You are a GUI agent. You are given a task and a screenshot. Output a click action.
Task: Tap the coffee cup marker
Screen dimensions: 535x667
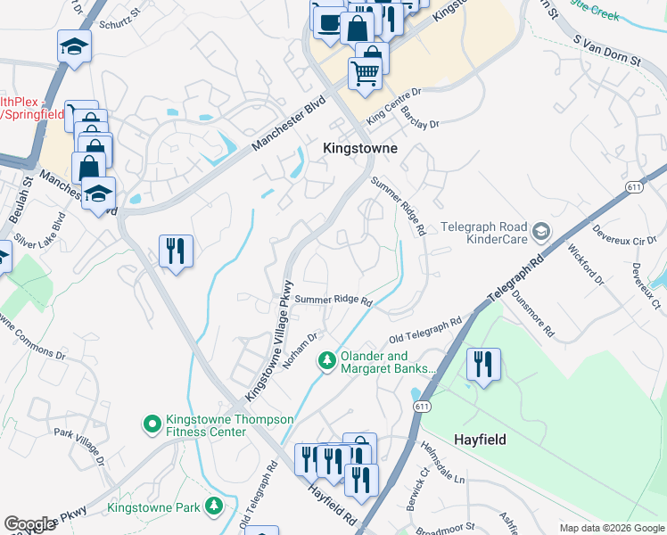coord(327,21)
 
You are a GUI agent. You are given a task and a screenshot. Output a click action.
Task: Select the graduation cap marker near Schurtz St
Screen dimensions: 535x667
coord(75,46)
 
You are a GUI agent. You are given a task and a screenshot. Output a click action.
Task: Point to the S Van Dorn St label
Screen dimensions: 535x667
coord(607,51)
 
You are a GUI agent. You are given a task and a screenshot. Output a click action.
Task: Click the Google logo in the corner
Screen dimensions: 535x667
coord(29,524)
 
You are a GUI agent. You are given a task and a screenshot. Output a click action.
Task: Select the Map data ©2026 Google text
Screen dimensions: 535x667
coord(612,528)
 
